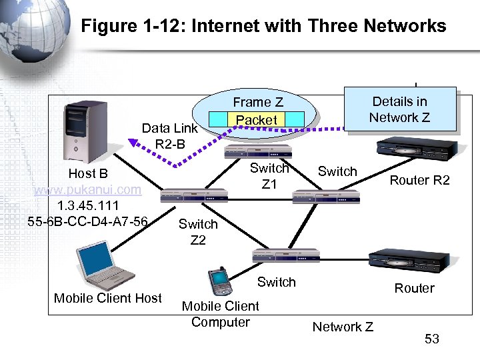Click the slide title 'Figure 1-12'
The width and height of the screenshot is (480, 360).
tap(263, 26)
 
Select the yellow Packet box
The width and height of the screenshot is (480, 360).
tap(257, 120)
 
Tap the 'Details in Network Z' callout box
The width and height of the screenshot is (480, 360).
tap(399, 109)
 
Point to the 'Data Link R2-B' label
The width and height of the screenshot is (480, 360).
tap(170, 135)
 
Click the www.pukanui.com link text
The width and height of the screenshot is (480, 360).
tap(88, 189)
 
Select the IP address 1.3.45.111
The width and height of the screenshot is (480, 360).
tap(88, 205)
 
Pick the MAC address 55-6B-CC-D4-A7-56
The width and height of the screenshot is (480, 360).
tap(88, 221)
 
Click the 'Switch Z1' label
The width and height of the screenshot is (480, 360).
tap(269, 176)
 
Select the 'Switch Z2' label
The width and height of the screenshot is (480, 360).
tap(198, 231)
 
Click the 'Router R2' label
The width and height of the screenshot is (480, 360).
tap(419, 180)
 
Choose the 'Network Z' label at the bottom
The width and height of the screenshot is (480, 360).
tap(343, 327)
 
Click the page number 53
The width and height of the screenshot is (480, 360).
tap(432, 339)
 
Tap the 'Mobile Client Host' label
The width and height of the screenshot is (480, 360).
tap(108, 298)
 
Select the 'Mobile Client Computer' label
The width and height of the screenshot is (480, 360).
tap(220, 314)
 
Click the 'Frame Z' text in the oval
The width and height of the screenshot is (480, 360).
tap(257, 102)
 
